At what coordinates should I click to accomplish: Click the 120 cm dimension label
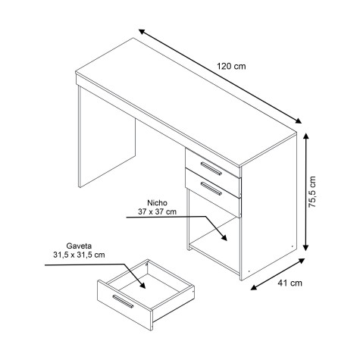(x=231, y=66)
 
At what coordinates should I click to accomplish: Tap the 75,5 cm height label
(x=312, y=192)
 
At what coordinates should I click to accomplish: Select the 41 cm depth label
(x=290, y=283)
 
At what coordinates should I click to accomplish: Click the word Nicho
(x=157, y=203)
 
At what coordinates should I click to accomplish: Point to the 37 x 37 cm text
(x=157, y=211)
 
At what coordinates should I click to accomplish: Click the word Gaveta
(x=79, y=246)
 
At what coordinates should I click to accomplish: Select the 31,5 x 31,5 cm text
(x=79, y=255)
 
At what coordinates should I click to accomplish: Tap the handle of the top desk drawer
(x=211, y=168)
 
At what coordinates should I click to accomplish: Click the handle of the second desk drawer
(x=211, y=189)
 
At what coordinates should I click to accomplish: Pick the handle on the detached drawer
(x=123, y=302)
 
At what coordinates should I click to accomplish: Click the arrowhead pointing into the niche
(x=224, y=237)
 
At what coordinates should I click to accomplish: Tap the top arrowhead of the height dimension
(x=306, y=137)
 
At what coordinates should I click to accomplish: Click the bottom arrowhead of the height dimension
(x=306, y=247)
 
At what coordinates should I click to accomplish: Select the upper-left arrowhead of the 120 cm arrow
(x=142, y=32)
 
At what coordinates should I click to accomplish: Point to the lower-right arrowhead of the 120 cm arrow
(x=298, y=121)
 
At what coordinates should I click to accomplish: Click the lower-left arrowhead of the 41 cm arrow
(x=254, y=287)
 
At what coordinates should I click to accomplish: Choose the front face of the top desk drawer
(x=213, y=164)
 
